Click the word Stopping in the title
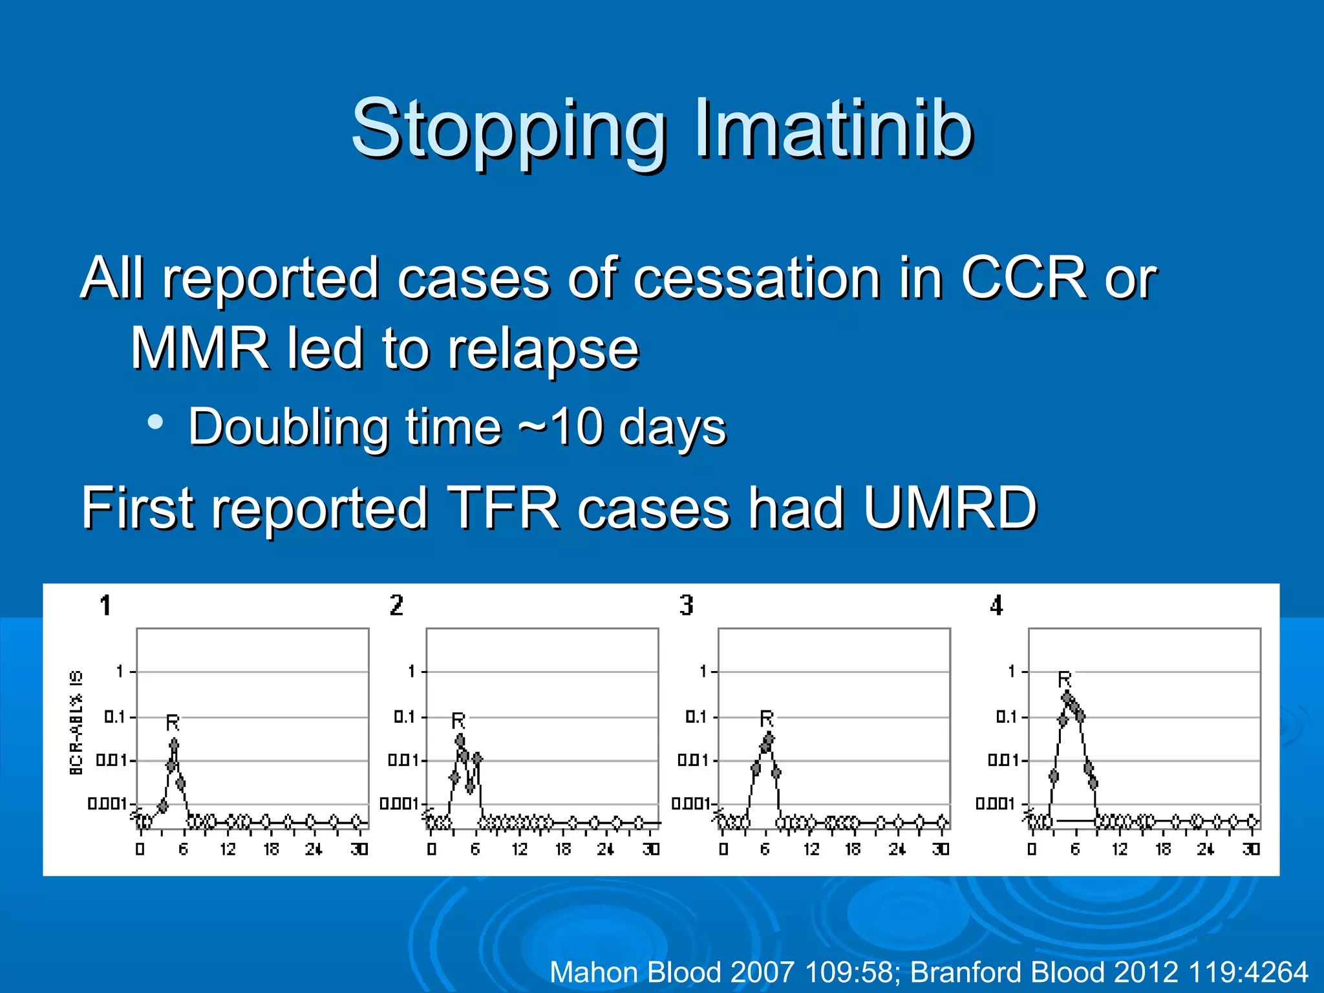pyautogui.click(x=508, y=129)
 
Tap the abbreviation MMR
pyautogui.click(x=200, y=348)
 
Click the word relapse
pyautogui.click(x=543, y=350)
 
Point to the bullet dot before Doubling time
pyautogui.click(x=155, y=422)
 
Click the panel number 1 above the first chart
pyautogui.click(x=105, y=606)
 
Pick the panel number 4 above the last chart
pyautogui.click(x=996, y=606)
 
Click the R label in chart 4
pyautogui.click(x=1064, y=679)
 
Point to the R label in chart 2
pyautogui.click(x=458, y=720)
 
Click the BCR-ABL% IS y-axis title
pyautogui.click(x=76, y=722)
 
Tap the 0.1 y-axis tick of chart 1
pyautogui.click(x=114, y=717)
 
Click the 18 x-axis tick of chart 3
pyautogui.click(x=853, y=849)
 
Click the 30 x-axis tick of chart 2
pyautogui.click(x=651, y=849)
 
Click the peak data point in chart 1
pyautogui.click(x=174, y=745)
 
